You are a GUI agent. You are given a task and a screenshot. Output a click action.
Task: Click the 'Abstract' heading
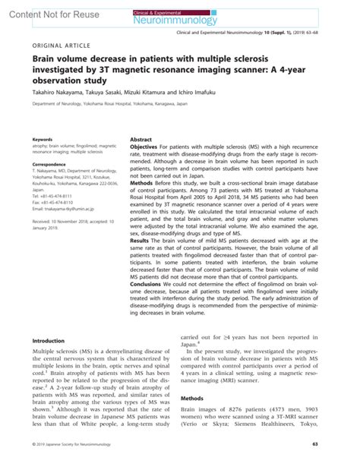pyautogui.click(x=142, y=140)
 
